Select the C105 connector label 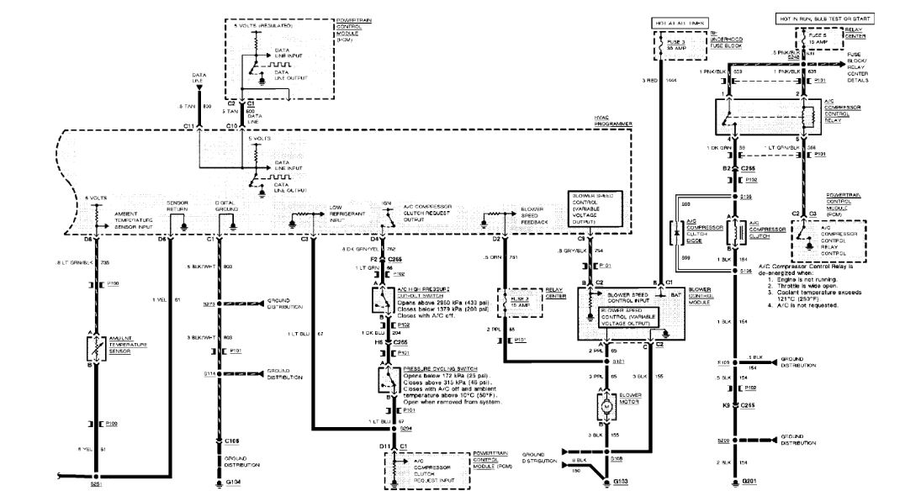232,440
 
